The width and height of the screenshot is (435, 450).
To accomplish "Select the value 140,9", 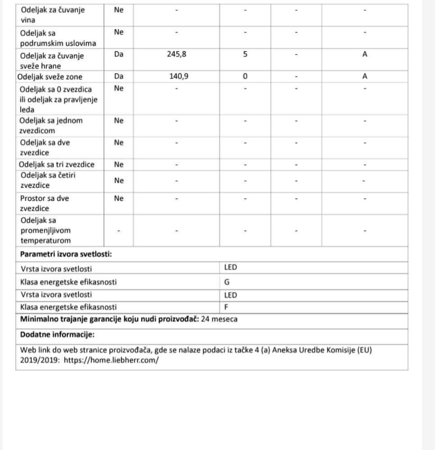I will tap(179, 76).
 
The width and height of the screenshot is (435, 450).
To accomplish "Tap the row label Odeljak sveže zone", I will tap(50, 76).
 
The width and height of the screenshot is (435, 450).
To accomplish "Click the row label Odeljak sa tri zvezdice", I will tap(57, 165).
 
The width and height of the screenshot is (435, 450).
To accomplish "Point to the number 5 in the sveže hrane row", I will tap(245, 54).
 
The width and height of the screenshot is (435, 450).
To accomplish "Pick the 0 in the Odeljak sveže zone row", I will tap(245, 76).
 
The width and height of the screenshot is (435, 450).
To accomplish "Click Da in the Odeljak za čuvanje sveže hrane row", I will tap(119, 54).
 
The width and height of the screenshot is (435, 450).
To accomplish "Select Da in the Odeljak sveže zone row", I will tap(119, 76).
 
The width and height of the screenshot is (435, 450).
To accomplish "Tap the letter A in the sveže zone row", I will tap(365, 76).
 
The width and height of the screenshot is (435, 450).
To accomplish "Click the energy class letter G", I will tap(227, 282).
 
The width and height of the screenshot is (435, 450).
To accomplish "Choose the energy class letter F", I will tap(227, 307).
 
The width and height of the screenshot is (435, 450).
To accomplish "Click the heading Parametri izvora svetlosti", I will tap(66, 254).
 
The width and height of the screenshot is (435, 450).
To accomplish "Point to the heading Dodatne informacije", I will tap(57, 335).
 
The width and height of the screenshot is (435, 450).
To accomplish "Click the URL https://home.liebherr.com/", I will tap(111, 360).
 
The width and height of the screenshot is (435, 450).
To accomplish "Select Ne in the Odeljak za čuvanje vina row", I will tap(119, 10).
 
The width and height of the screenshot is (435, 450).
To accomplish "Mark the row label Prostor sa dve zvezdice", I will tap(45, 203).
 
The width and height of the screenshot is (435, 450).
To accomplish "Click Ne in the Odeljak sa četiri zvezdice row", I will tap(119, 181).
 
